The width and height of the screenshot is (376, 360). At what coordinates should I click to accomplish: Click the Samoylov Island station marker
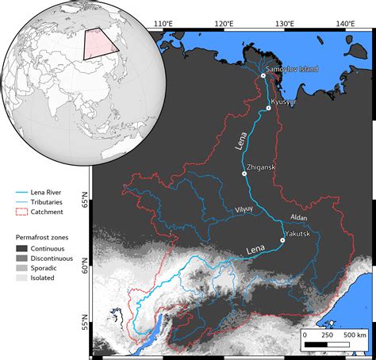(x=263, y=75)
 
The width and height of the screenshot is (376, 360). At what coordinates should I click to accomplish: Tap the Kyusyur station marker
(x=269, y=108)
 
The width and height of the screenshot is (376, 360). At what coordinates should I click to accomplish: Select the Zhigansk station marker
(x=245, y=173)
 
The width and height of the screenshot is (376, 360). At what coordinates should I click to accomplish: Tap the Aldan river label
(x=299, y=216)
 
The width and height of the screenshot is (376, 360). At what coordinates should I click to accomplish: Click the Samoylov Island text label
(x=292, y=69)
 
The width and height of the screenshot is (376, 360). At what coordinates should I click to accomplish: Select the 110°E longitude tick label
(x=163, y=24)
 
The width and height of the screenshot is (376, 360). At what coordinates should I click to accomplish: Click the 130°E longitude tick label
(x=283, y=24)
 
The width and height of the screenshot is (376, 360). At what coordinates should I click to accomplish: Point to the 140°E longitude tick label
(x=343, y=24)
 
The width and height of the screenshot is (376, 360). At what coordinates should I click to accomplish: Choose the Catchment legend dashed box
(x=22, y=213)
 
